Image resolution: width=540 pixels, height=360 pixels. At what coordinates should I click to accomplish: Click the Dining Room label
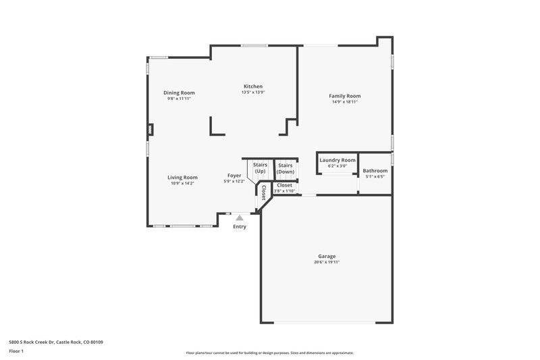pos(179,93)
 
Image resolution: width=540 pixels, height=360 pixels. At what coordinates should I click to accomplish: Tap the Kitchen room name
pos(253,86)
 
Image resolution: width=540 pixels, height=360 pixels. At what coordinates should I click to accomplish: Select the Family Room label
pos(344,96)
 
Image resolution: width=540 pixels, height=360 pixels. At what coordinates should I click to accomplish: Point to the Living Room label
pos(182,178)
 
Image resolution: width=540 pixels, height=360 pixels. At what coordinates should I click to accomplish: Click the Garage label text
pos(327,256)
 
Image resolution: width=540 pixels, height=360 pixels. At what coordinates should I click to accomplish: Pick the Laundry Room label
pos(337,160)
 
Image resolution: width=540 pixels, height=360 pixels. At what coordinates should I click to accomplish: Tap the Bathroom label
pos(375,171)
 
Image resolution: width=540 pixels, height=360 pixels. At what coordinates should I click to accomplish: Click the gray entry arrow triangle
pos(239,217)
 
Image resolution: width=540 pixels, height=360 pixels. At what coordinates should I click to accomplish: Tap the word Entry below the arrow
pos(240,226)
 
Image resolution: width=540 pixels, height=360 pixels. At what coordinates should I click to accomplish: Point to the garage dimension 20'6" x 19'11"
pos(327,262)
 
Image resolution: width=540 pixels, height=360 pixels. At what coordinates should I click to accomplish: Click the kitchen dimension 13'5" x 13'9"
pos(253,93)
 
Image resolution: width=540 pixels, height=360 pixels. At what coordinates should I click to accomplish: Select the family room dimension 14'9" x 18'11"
pos(344,102)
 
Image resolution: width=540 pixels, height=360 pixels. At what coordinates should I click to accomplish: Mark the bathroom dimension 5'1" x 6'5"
pos(375,177)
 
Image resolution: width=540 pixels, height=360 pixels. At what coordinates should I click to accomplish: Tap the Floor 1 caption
pos(17,351)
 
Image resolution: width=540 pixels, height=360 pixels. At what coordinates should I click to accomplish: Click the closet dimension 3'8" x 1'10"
pos(284,190)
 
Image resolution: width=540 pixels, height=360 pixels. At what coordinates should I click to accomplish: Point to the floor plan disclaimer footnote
pos(269,353)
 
